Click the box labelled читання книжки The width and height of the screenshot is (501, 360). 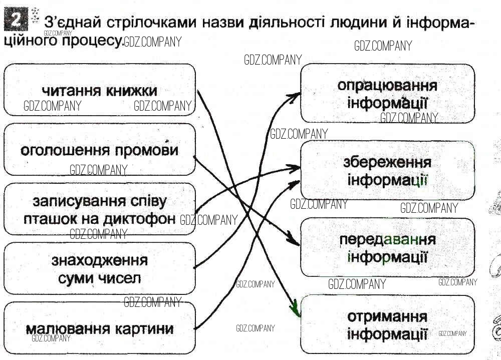point(99,91)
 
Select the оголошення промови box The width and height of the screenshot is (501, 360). point(99,150)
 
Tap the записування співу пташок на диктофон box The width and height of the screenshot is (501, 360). point(99,209)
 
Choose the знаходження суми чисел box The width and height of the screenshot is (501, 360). point(99,269)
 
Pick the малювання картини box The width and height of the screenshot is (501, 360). point(99,328)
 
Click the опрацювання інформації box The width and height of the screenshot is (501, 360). point(387,94)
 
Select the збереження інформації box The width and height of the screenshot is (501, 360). point(387,170)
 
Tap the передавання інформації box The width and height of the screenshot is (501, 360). point(387,247)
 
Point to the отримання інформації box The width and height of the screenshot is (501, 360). point(387,324)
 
